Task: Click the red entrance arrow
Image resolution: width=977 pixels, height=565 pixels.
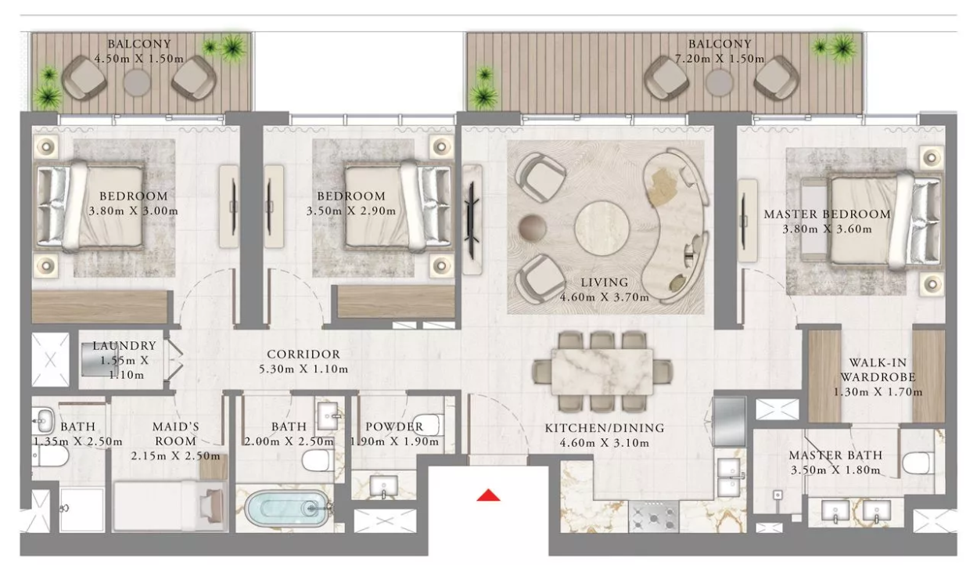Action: pyautogui.click(x=488, y=495)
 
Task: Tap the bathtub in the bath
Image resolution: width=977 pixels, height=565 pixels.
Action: pyautogui.click(x=286, y=509)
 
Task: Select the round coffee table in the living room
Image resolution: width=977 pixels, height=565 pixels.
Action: pyautogui.click(x=602, y=229)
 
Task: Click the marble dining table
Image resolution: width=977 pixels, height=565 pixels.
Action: pyautogui.click(x=602, y=372)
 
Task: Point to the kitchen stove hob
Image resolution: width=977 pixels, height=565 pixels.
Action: pyautogui.click(x=653, y=516)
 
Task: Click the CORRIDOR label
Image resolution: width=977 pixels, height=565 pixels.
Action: pyautogui.click(x=304, y=354)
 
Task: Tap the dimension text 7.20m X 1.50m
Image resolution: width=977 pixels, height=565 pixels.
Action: pyautogui.click(x=720, y=59)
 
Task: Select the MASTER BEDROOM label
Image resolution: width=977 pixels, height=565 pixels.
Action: pyautogui.click(x=827, y=214)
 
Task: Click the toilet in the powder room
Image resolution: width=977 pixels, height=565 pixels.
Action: pyautogui.click(x=426, y=424)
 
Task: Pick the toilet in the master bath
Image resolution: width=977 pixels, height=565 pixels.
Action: pyautogui.click(x=918, y=462)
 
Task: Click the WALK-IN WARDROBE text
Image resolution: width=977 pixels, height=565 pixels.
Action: pyautogui.click(x=877, y=370)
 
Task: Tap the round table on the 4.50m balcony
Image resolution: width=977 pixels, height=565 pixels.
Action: pyautogui.click(x=137, y=82)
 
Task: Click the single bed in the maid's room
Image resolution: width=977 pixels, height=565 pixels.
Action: pyautogui.click(x=170, y=506)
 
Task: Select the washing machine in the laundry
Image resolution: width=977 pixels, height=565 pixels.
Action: pyautogui.click(x=99, y=359)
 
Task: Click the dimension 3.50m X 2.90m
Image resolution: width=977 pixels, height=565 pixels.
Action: pyautogui.click(x=351, y=211)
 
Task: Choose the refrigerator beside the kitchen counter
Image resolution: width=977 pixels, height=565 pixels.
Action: pyautogui.click(x=729, y=422)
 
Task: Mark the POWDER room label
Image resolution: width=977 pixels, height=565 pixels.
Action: pyautogui.click(x=394, y=426)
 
